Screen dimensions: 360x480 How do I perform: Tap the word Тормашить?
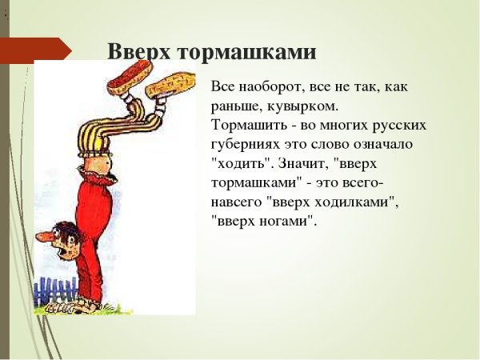249,125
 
